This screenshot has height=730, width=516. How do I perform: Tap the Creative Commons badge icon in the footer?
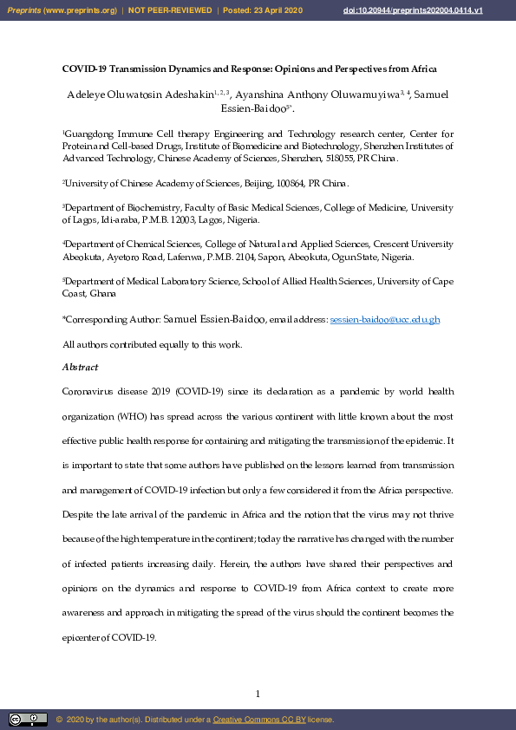click(28, 720)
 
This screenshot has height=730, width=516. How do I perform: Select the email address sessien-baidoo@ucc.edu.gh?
click(385, 320)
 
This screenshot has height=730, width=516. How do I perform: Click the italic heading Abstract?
click(80, 368)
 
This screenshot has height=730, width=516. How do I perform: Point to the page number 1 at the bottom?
click(258, 694)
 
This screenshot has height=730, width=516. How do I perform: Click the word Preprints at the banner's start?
click(25, 10)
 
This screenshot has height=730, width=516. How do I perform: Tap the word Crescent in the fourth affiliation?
click(391, 245)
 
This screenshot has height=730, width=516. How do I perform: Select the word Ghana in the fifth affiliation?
click(104, 295)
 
